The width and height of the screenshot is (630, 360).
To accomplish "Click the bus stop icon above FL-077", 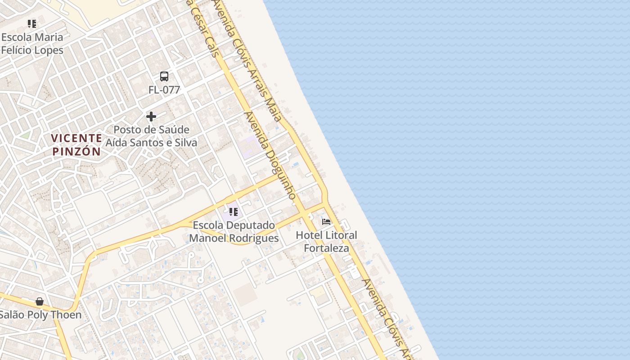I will pyautogui.click(x=164, y=76).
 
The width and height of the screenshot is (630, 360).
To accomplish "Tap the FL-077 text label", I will pyautogui.click(x=164, y=90).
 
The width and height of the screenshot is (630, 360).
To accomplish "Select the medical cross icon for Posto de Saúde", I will pyautogui.click(x=151, y=117).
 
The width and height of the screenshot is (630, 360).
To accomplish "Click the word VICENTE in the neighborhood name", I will pyautogui.click(x=76, y=138).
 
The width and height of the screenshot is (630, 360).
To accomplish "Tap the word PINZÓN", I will pyautogui.click(x=76, y=151).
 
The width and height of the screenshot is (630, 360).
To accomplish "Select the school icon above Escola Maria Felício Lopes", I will pyautogui.click(x=31, y=24).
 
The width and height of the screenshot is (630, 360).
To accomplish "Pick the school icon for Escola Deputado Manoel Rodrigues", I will pyautogui.click(x=233, y=211).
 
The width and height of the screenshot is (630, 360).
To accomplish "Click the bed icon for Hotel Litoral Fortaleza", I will pyautogui.click(x=326, y=221).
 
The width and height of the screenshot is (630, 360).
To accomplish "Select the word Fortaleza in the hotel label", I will pyautogui.click(x=326, y=248).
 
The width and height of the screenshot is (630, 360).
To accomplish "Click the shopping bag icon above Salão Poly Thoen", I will pyautogui.click(x=40, y=301).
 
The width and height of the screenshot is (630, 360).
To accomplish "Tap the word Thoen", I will pyautogui.click(x=67, y=315).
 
